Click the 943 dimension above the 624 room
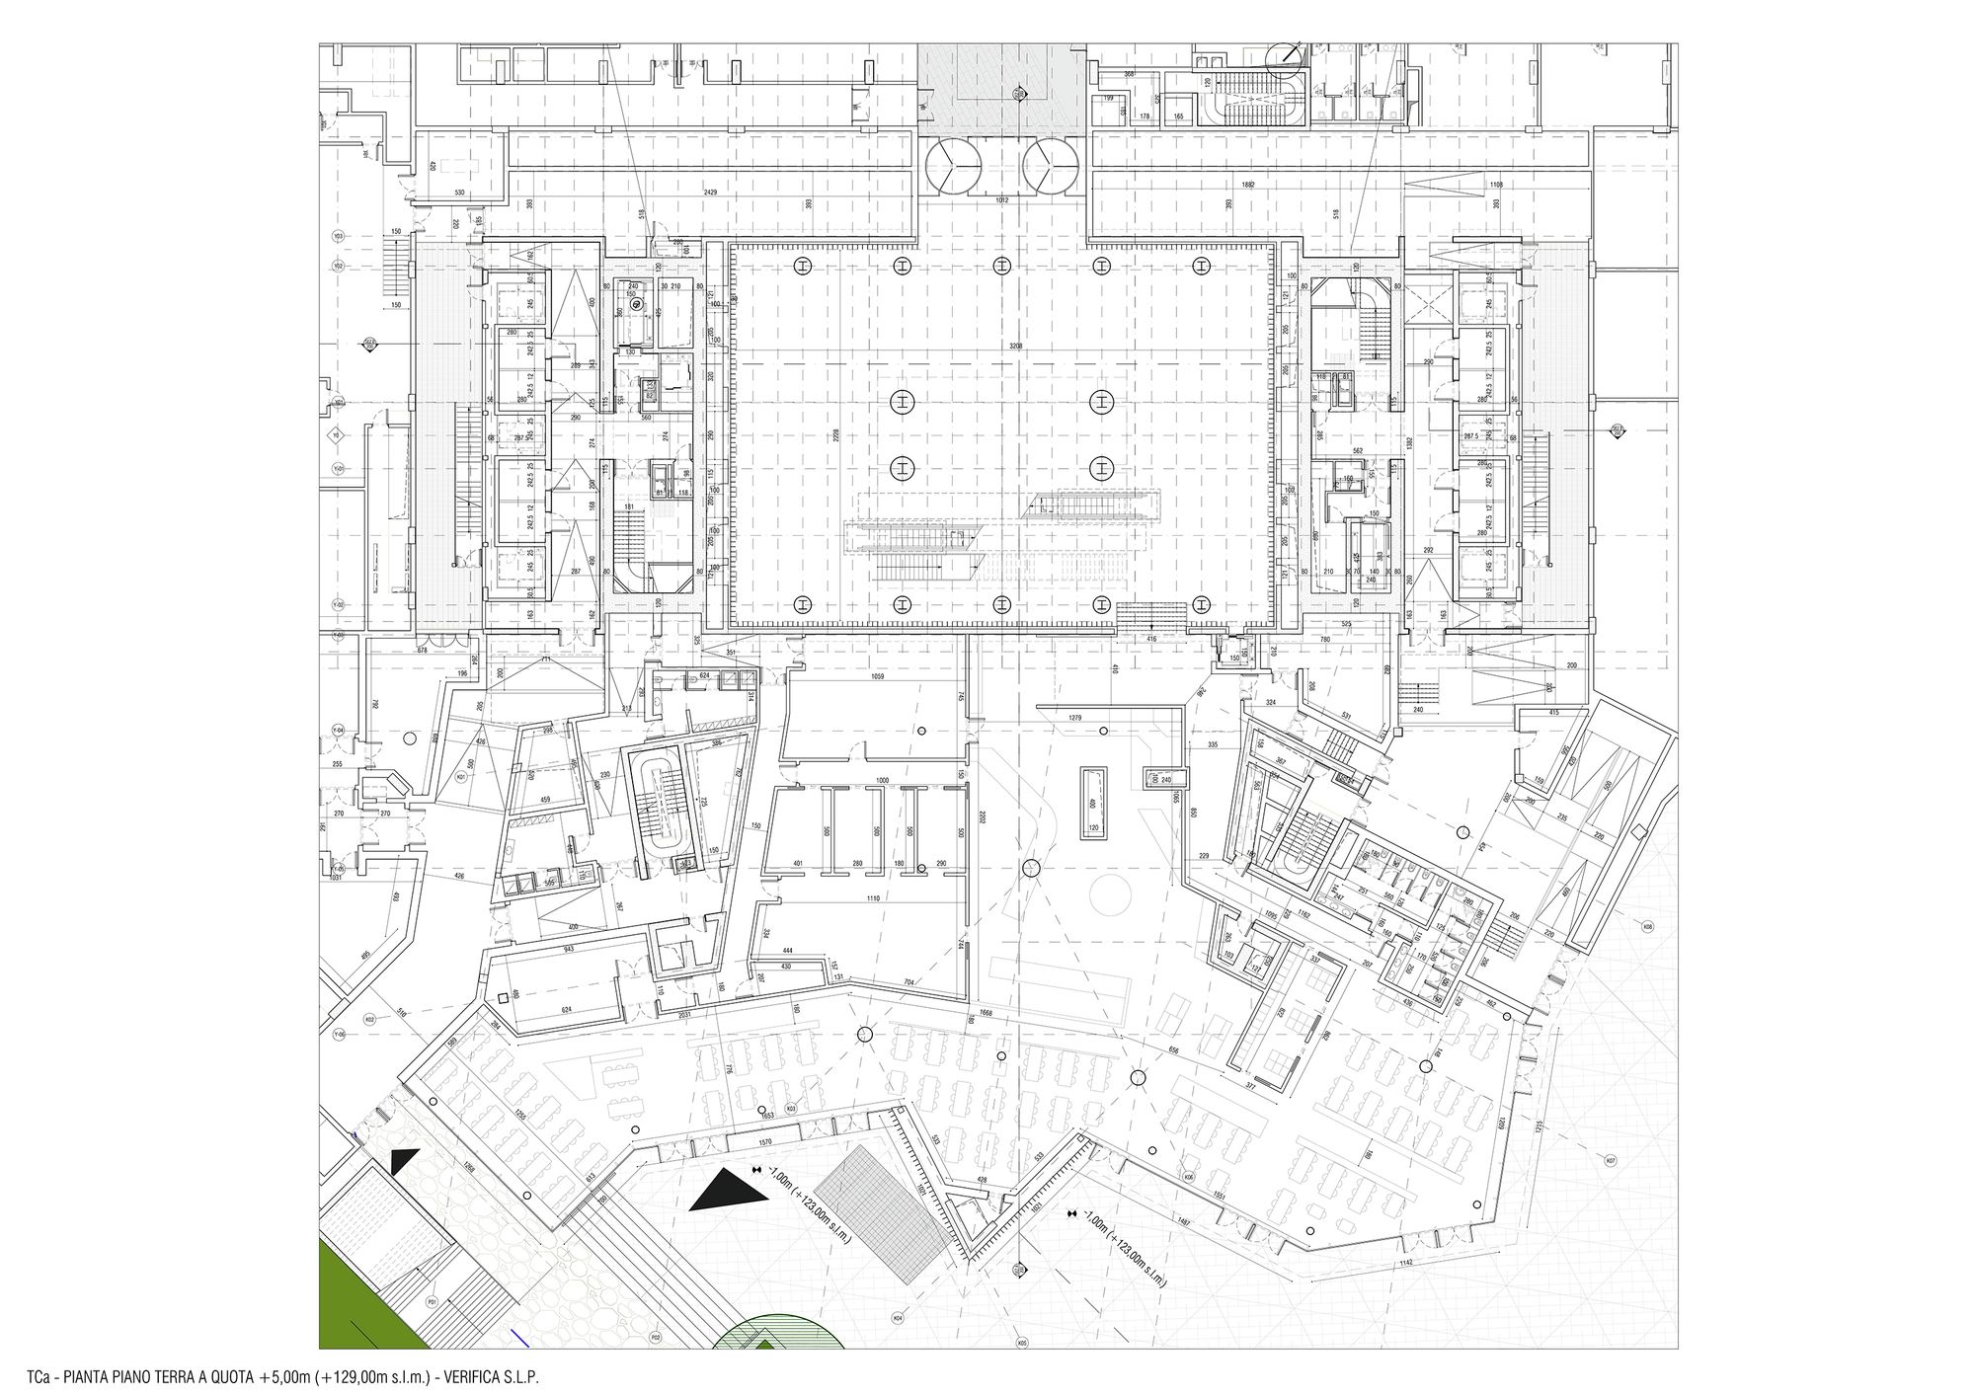click(569, 949)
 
